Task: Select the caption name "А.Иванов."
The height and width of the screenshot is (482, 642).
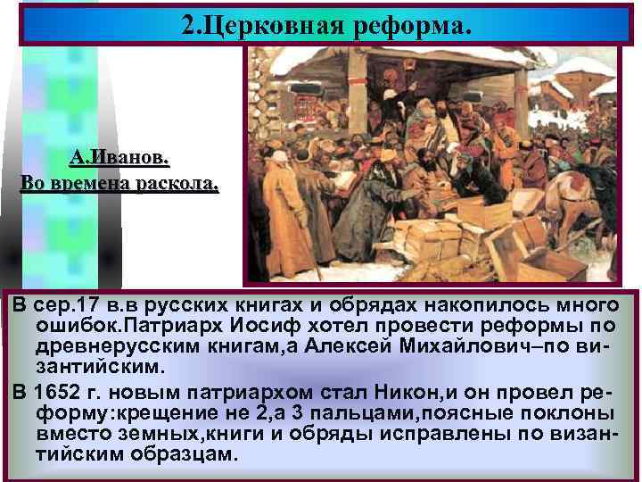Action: [x=119, y=158]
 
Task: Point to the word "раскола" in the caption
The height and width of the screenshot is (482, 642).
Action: [x=177, y=185]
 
